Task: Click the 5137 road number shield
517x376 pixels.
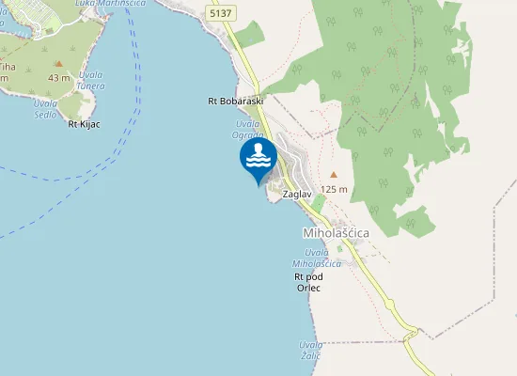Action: (221, 14)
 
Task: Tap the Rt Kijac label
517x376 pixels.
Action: (85, 123)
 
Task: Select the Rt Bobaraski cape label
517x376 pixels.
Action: (236, 100)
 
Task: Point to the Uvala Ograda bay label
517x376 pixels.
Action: (249, 129)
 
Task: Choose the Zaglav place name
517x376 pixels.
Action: (297, 194)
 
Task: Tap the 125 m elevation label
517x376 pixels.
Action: (334, 189)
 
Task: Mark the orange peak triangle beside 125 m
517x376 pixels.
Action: (333, 174)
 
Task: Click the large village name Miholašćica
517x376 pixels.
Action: (336, 231)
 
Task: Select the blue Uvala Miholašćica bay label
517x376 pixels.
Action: (317, 258)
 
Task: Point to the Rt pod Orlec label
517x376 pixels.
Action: (308, 282)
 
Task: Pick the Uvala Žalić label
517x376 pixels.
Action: (310, 350)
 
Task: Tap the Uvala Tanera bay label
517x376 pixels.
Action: (90, 81)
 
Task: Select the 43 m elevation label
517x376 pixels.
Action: (59, 77)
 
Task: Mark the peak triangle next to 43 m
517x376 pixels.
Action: (58, 63)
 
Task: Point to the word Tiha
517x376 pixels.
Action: (7, 67)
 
